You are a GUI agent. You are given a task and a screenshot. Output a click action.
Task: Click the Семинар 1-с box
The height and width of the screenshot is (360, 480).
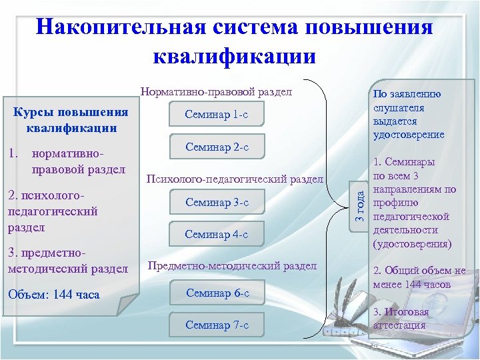(x=217, y=115)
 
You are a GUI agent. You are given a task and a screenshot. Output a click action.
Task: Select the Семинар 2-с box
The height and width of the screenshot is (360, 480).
(x=217, y=147)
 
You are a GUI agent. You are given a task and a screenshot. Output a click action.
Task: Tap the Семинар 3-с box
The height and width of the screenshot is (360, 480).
(x=217, y=202)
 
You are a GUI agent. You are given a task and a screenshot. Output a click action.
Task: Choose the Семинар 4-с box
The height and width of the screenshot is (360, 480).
(x=217, y=234)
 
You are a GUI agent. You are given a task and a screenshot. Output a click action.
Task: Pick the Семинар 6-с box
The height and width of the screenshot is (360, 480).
(x=217, y=293)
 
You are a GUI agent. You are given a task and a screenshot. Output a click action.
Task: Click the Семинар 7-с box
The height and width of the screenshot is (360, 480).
(x=217, y=325)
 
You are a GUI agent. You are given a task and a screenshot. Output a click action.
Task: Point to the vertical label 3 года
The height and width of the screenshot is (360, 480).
(x=359, y=205)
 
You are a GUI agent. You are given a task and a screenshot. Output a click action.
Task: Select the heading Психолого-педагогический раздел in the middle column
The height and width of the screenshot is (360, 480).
(x=234, y=179)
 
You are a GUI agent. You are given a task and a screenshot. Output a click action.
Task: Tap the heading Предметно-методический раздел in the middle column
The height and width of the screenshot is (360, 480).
(x=232, y=266)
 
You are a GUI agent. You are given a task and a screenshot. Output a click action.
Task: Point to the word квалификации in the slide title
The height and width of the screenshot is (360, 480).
(x=234, y=55)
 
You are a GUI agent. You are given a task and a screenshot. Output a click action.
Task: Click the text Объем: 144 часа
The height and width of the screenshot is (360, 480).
(x=53, y=294)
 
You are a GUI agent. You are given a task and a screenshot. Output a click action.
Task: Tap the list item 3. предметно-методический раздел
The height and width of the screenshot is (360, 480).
(x=67, y=261)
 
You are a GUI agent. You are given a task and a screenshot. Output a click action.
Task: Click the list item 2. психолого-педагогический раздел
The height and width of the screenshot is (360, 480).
(x=53, y=211)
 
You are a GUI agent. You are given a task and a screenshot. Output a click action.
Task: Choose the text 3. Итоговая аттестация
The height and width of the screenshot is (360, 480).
(x=401, y=319)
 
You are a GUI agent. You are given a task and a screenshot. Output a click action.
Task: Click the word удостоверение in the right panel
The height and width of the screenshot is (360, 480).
(x=409, y=135)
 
